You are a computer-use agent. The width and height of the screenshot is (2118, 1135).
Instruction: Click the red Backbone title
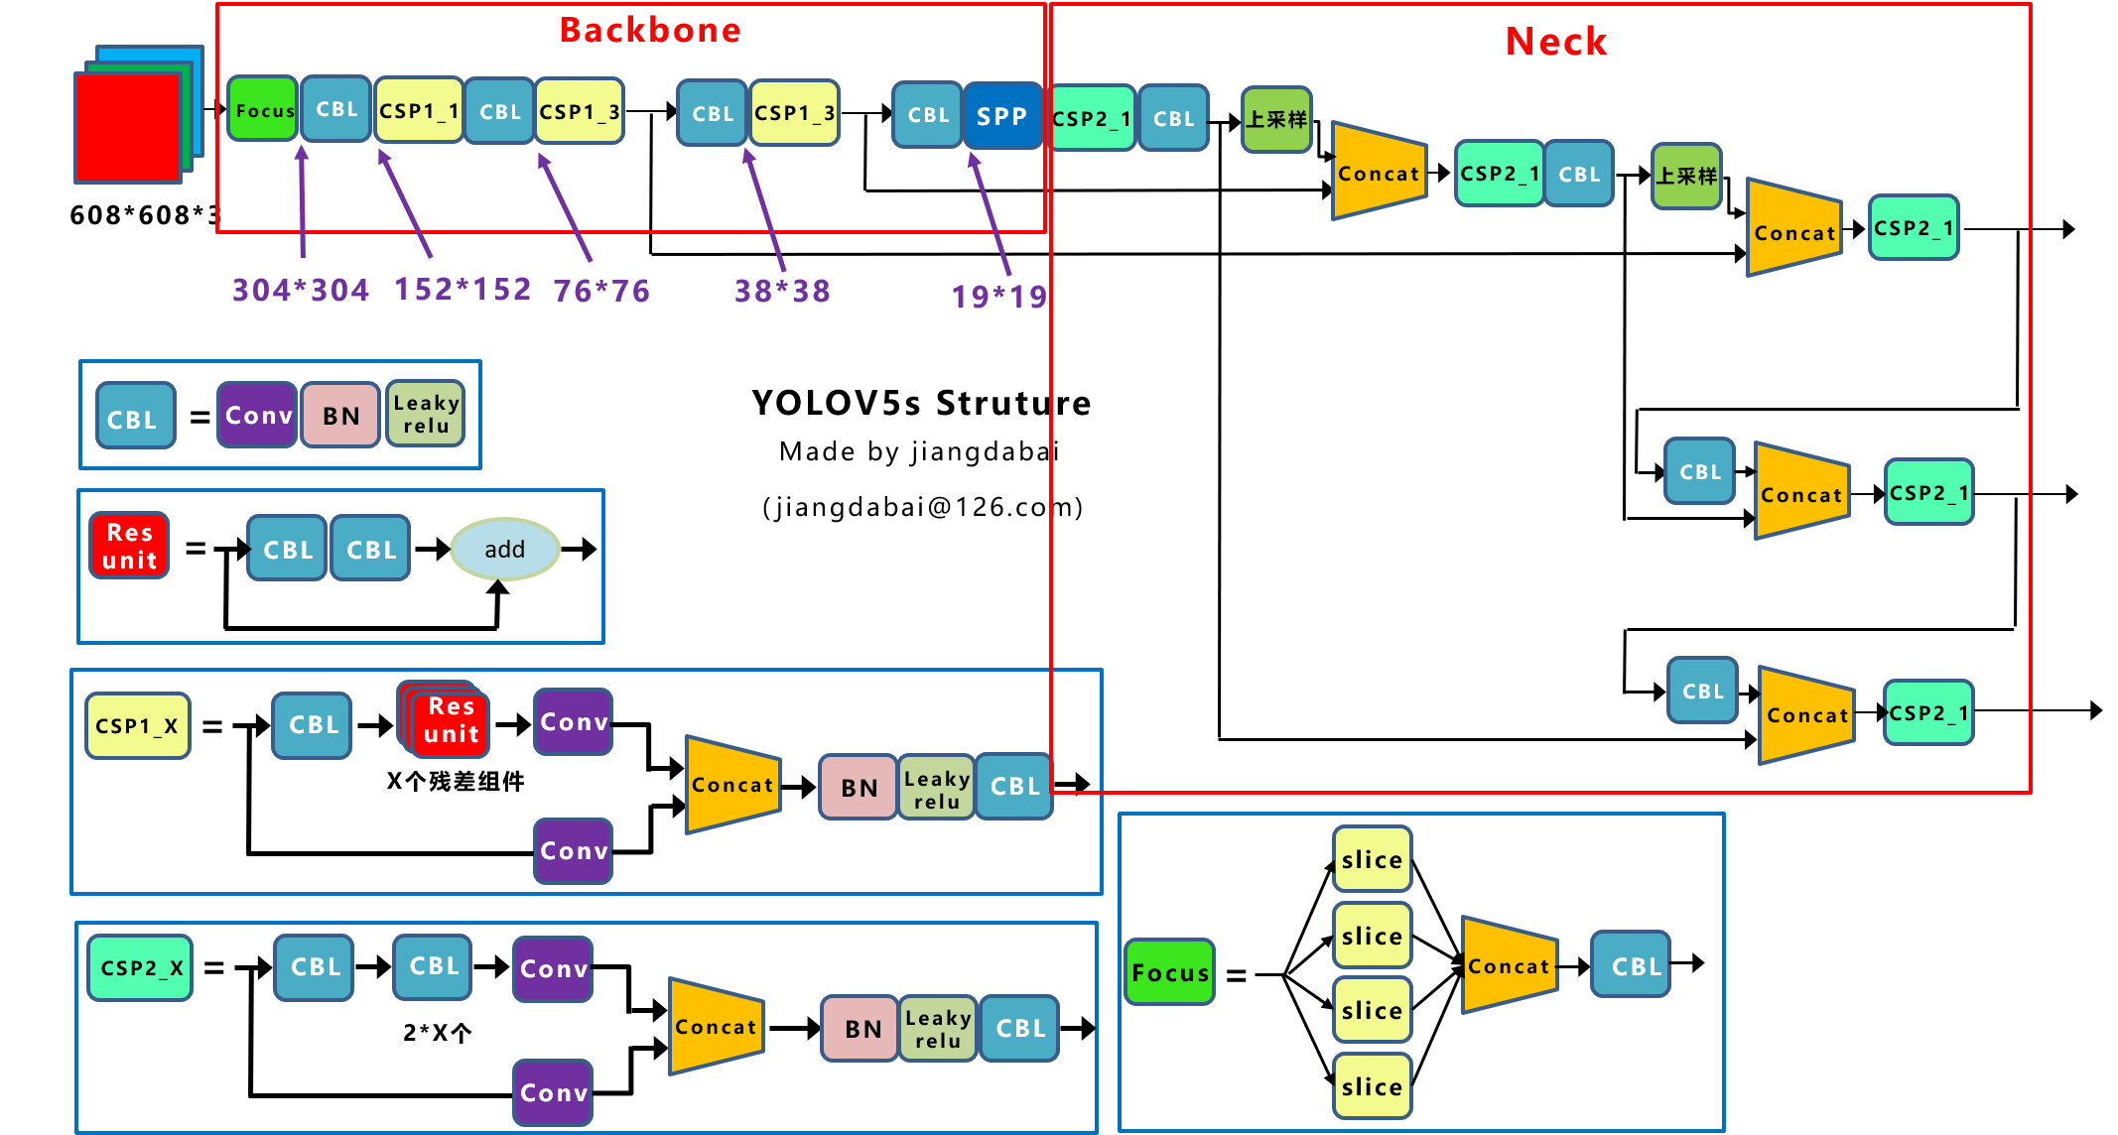tap(650, 30)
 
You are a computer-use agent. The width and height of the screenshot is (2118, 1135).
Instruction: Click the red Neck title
tap(1555, 42)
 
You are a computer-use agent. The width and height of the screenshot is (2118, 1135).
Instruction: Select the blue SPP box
tap(1001, 116)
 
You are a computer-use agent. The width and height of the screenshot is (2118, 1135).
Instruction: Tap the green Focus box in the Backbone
tap(264, 110)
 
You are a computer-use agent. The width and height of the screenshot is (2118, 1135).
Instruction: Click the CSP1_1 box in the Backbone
tap(419, 110)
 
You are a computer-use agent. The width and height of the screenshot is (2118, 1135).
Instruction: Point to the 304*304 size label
tap(300, 290)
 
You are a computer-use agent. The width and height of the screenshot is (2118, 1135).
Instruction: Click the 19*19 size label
tap(998, 296)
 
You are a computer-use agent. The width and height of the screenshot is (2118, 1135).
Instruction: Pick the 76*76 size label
tap(601, 291)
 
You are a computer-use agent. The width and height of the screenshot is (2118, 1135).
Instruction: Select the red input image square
tap(128, 128)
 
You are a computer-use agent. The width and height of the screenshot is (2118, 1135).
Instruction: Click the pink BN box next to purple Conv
tap(340, 416)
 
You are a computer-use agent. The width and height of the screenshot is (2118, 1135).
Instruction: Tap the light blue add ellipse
tap(504, 549)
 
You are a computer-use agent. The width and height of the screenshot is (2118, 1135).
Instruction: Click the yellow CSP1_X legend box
tap(137, 726)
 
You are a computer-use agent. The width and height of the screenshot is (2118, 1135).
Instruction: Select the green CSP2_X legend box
tap(140, 967)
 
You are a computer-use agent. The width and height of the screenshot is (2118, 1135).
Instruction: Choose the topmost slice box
tap(1372, 859)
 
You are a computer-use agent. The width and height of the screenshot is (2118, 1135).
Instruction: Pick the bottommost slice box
tap(1372, 1086)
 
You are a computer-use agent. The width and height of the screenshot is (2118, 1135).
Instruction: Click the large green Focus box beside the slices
tap(1170, 972)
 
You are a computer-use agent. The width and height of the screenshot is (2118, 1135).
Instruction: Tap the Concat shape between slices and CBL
tap(1509, 965)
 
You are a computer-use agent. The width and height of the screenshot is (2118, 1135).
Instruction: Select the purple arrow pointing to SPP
tap(991, 213)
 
